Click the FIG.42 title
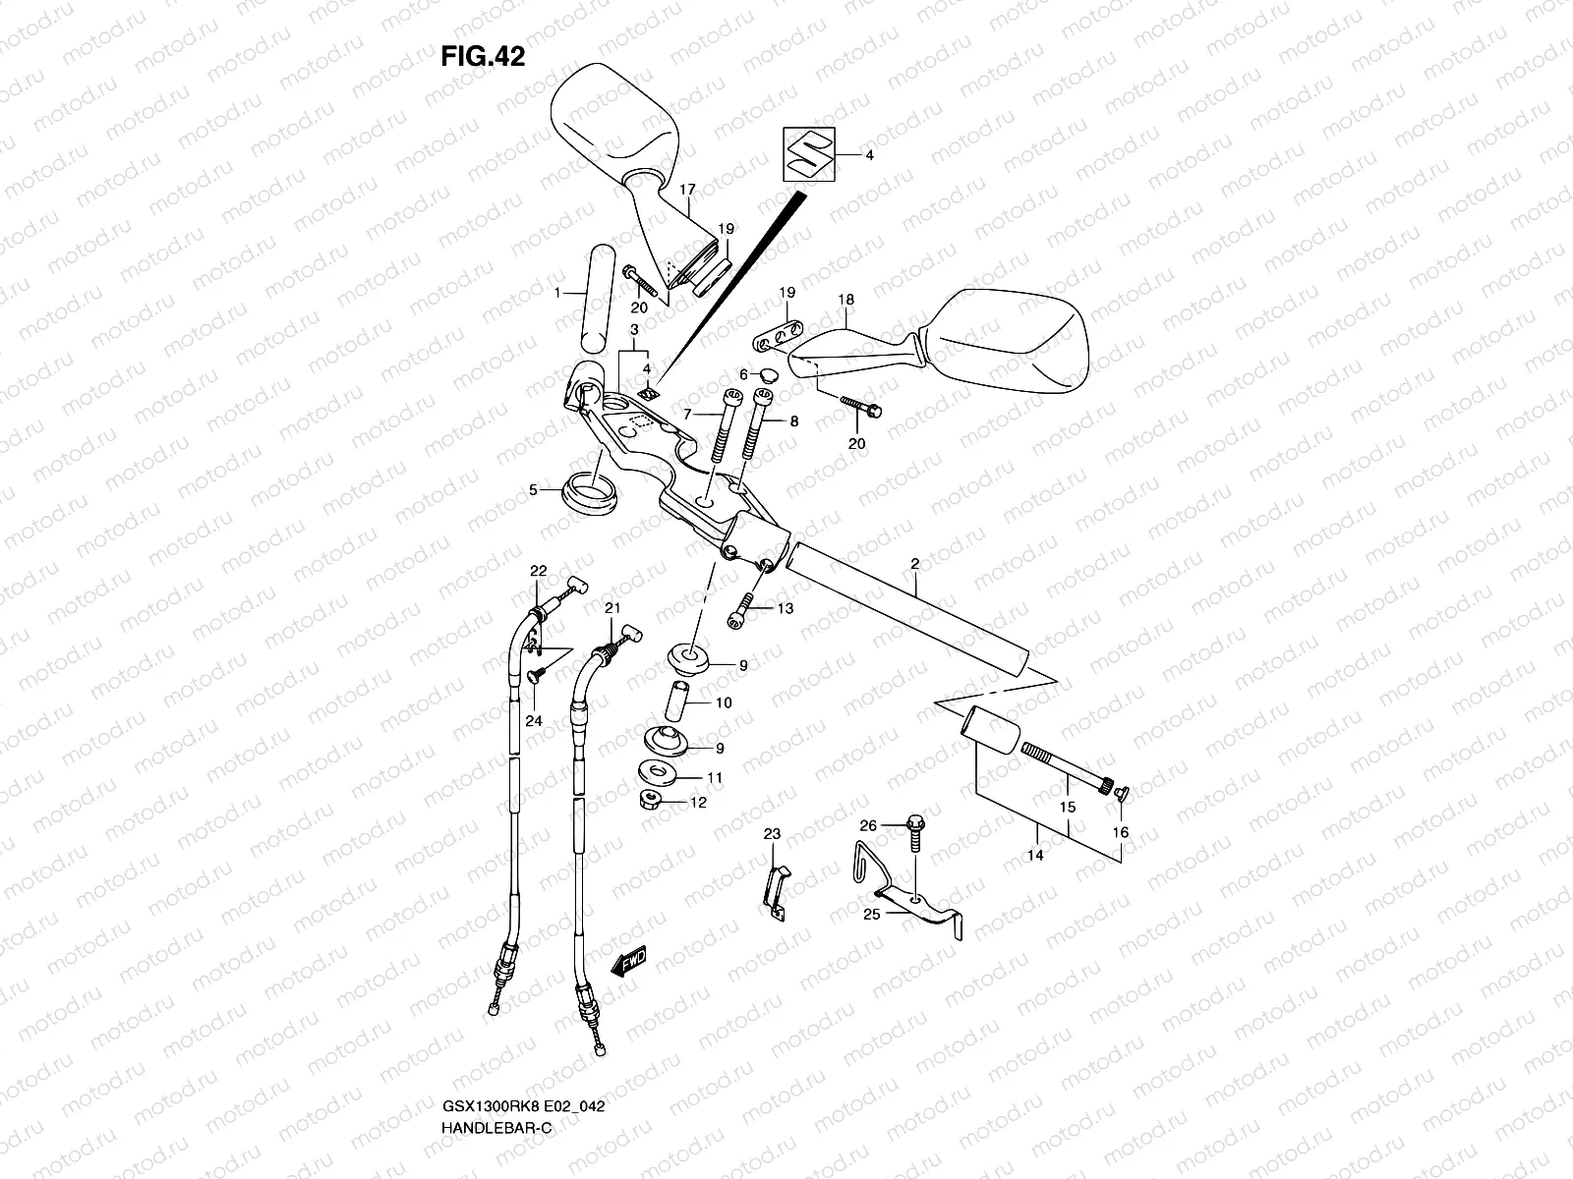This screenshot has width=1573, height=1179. [x=482, y=57]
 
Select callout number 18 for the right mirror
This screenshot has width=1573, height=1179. [x=845, y=300]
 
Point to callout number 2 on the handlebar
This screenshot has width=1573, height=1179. [x=914, y=564]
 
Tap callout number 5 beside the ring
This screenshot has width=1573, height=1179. [x=534, y=488]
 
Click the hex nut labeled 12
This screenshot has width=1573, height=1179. [x=652, y=798]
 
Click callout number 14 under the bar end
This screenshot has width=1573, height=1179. [x=1034, y=856]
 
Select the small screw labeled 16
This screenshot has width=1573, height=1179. [x=1122, y=795]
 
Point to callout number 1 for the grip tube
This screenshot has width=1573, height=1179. [x=556, y=293]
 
